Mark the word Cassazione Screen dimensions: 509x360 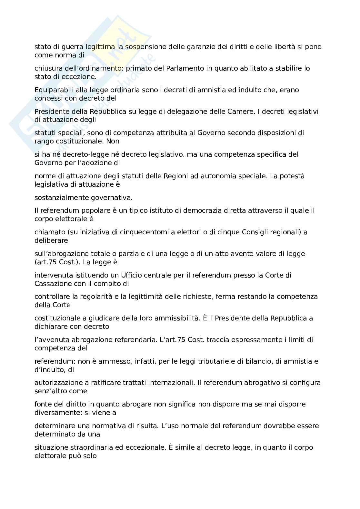click(x=53, y=284)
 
